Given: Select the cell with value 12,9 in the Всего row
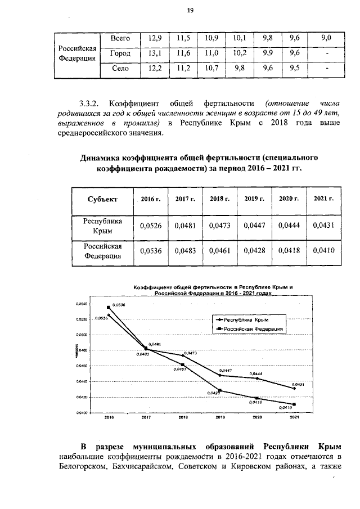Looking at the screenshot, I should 154,38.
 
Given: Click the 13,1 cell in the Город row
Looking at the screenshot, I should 154,53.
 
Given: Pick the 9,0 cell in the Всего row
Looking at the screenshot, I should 326,38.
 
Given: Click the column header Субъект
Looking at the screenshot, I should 102,199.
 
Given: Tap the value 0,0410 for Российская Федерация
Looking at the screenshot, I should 323,251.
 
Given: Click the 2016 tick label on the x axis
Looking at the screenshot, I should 109,417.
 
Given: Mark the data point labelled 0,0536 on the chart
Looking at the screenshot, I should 109,307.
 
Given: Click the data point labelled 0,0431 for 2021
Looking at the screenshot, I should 294,389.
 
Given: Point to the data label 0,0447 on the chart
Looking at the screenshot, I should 226,371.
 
